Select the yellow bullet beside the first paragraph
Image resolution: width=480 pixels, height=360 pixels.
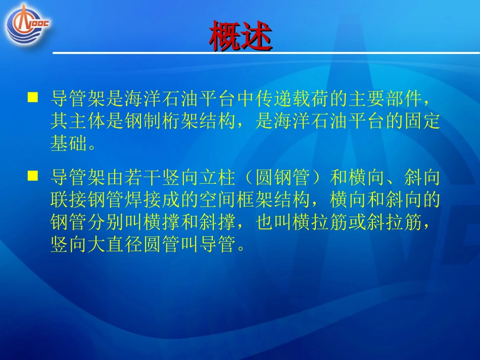click(x=33, y=97)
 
